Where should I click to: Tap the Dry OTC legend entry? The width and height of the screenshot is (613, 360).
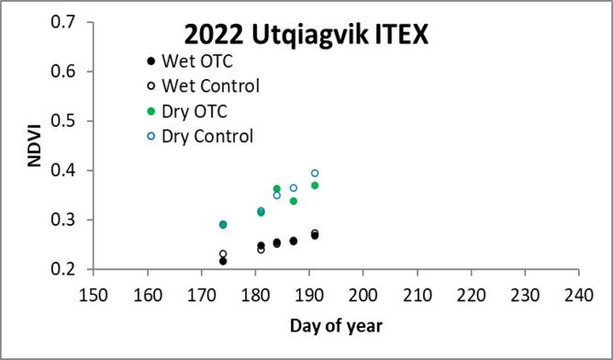tap(192, 112)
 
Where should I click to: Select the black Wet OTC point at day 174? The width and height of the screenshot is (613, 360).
tap(223, 261)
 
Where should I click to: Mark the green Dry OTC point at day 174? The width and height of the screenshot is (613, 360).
tap(223, 224)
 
